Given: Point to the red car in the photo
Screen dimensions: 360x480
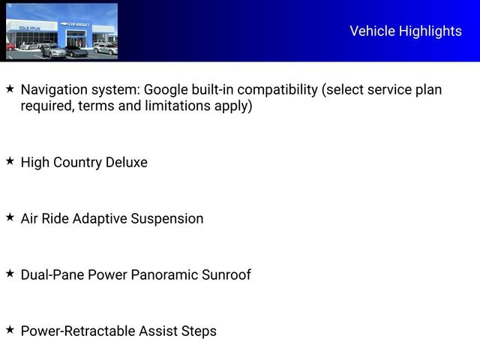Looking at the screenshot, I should (10, 47).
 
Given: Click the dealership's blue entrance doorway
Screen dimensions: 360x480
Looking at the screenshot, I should (76, 39).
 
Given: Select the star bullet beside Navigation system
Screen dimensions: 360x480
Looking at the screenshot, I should (10, 88).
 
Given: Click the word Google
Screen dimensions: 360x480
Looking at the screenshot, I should (180, 90).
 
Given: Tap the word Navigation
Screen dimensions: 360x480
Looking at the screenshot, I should (53, 90).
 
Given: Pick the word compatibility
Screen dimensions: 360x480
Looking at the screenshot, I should (273, 90).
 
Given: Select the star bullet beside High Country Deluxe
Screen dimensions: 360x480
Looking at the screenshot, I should (10, 160).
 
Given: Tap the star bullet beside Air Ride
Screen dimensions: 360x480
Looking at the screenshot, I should (10, 217).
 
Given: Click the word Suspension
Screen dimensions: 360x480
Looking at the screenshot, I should (166, 219).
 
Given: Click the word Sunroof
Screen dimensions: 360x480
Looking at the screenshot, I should (226, 274).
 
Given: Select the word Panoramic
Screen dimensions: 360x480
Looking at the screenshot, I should (163, 274).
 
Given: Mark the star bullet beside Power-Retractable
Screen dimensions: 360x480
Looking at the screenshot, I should (10, 329).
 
